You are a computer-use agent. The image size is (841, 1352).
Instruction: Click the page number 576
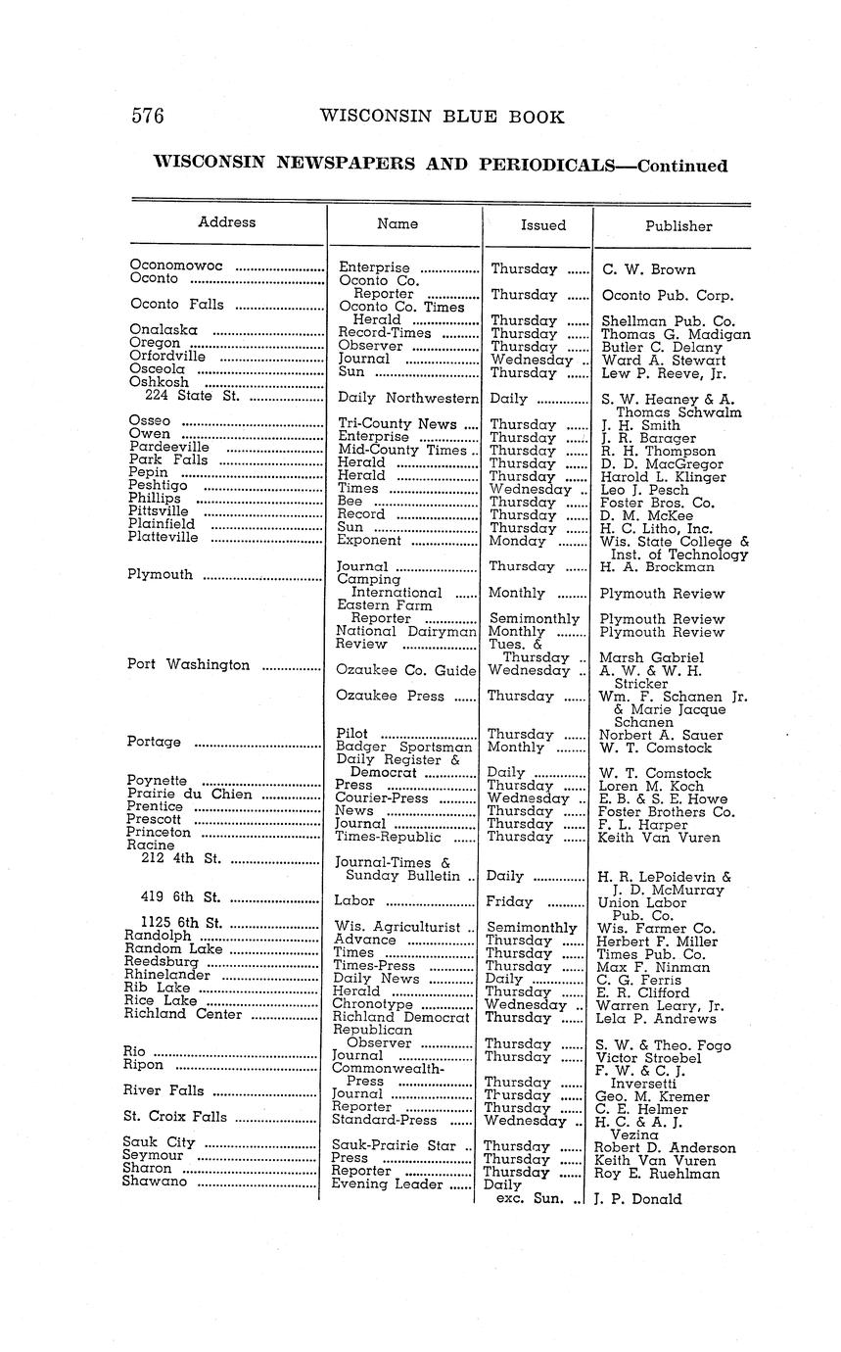pyautogui.click(x=148, y=117)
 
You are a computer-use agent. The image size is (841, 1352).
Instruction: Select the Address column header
pyautogui.click(x=226, y=222)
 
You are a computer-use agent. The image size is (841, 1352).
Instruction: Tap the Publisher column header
pyautogui.click(x=677, y=225)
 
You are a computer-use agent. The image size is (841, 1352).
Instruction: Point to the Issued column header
pyautogui.click(x=542, y=225)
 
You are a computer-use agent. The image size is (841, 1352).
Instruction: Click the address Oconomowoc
pyautogui.click(x=176, y=266)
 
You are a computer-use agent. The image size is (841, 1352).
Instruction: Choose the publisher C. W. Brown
pyautogui.click(x=648, y=269)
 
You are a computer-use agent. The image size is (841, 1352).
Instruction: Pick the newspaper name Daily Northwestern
pyautogui.click(x=408, y=399)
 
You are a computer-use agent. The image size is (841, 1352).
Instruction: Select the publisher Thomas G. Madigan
pyautogui.click(x=676, y=334)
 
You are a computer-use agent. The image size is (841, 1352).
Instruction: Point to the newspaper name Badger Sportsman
pyautogui.click(x=403, y=748)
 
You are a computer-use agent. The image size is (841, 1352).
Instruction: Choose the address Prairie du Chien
pyautogui.click(x=190, y=794)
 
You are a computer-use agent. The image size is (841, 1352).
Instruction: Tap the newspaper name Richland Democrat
pyautogui.click(x=401, y=1017)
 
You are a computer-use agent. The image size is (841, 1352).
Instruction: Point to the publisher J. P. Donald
pyautogui.click(x=637, y=1198)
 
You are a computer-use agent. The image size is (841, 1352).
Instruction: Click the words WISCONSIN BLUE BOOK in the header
pyautogui.click(x=442, y=118)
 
